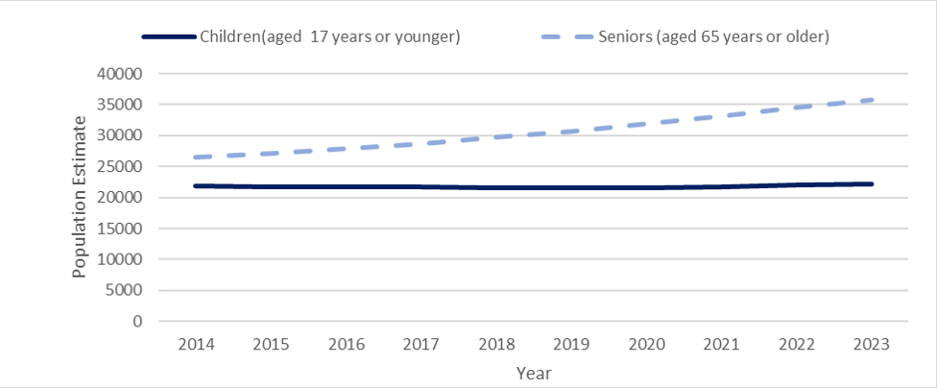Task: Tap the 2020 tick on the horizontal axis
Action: (645, 343)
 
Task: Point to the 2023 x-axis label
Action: (871, 343)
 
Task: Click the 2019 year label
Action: (571, 343)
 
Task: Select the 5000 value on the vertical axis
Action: (126, 291)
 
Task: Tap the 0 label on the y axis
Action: (139, 321)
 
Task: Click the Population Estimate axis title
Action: (80, 197)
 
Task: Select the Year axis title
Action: (533, 373)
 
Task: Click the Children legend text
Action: (330, 37)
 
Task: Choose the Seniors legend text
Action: (714, 37)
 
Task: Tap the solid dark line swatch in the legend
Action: (169, 37)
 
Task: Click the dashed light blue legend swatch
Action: (565, 37)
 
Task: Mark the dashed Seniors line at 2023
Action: (871, 99)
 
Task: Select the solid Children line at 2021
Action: (721, 186)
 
